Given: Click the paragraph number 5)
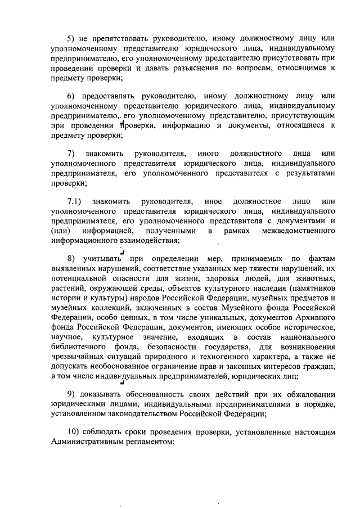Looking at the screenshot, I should click(x=71, y=39).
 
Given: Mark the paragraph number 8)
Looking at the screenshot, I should click(x=71, y=259).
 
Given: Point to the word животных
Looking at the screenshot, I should click(x=317, y=278).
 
